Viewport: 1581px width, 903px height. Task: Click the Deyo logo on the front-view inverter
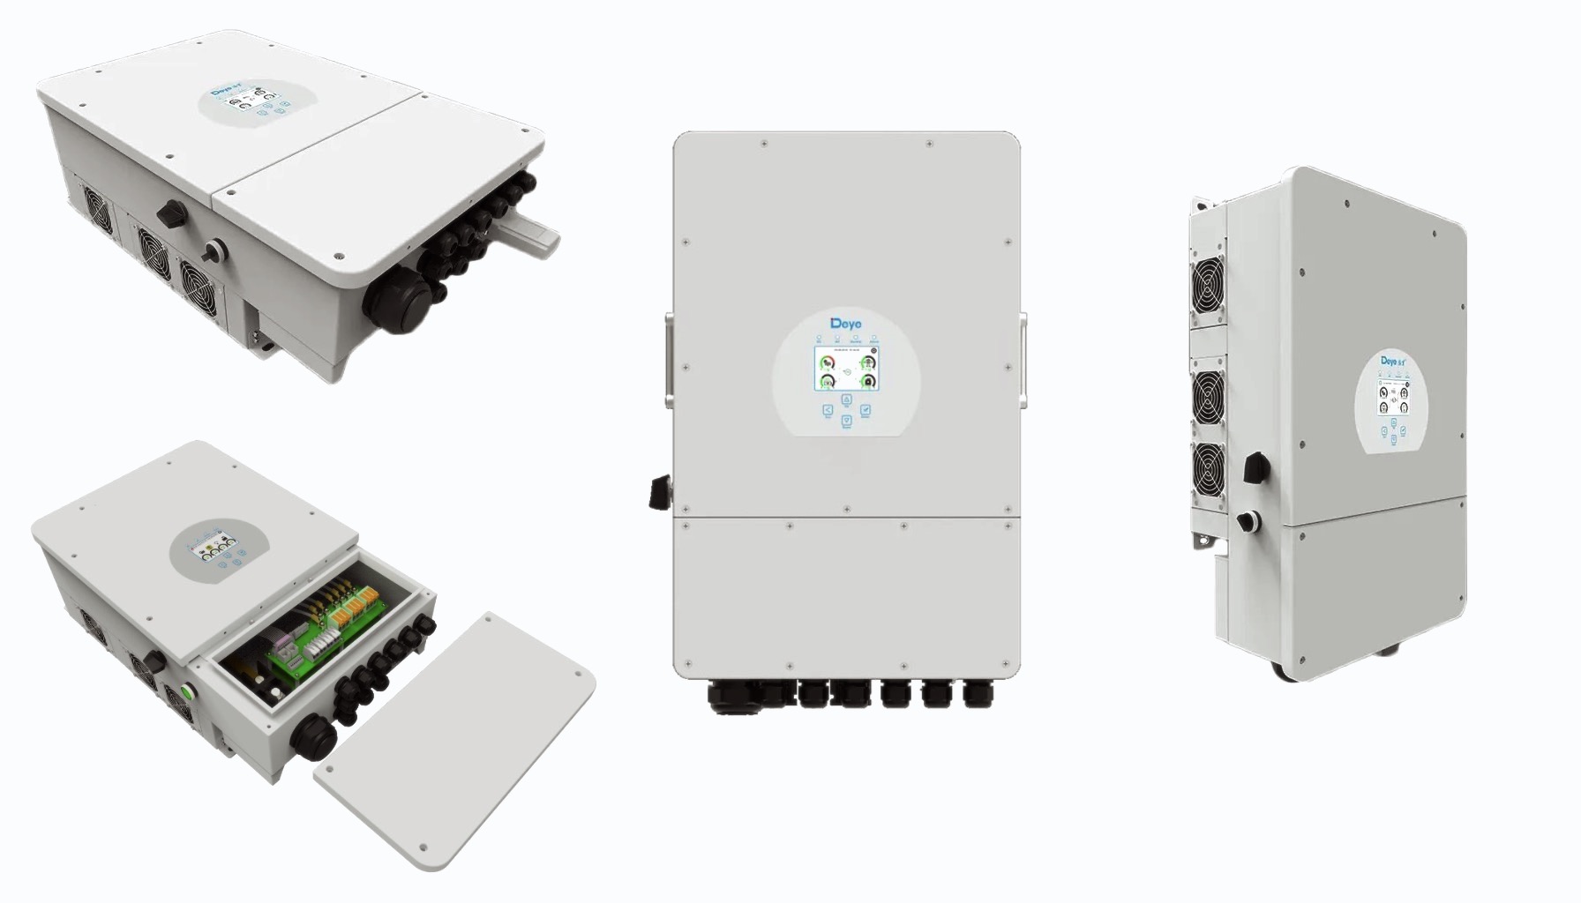(847, 324)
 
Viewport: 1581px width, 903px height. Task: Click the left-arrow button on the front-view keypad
(828, 410)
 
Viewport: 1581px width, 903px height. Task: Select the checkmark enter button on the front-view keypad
(865, 410)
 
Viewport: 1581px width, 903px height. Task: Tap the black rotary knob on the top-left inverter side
(169, 213)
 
